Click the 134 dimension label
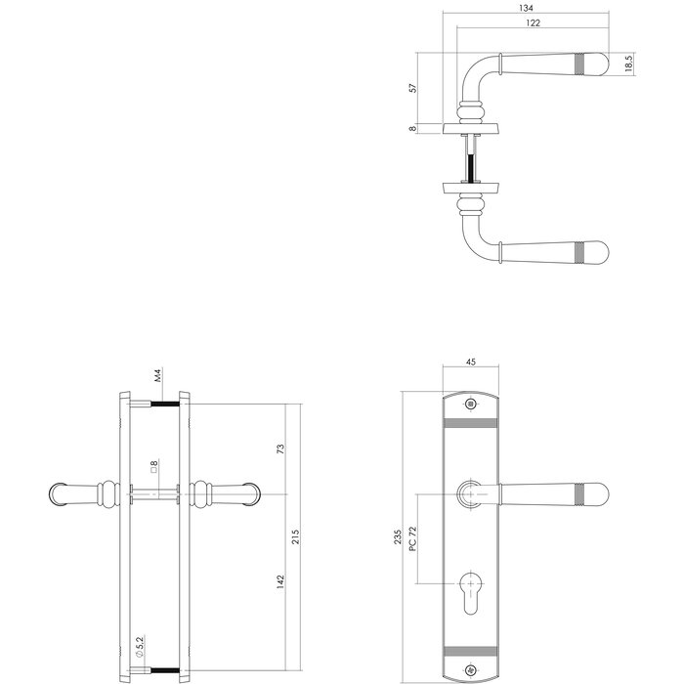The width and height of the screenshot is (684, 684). tap(527, 9)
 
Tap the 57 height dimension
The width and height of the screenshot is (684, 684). tap(413, 88)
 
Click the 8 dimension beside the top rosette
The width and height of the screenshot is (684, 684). tap(413, 127)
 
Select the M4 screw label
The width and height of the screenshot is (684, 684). tap(156, 376)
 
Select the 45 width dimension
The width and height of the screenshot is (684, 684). tap(471, 363)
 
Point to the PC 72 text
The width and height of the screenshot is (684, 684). tap(414, 536)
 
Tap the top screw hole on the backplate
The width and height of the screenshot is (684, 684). tap(472, 404)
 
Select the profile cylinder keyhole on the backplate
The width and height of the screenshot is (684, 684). tap(472, 593)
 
